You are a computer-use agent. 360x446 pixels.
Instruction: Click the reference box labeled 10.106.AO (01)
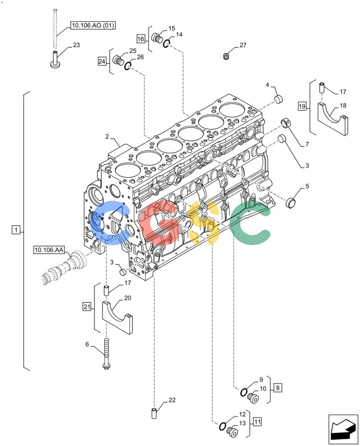point(93,25)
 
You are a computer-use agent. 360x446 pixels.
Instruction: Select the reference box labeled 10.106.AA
point(49,250)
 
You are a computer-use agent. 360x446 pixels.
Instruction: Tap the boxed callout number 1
point(16,230)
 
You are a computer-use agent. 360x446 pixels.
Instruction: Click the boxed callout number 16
point(141,39)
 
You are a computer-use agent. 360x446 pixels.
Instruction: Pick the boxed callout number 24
point(102,61)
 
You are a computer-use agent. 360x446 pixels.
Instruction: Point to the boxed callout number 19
point(302,107)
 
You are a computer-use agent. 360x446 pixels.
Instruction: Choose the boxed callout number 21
point(87,307)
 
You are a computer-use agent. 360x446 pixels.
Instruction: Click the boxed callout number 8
point(278,388)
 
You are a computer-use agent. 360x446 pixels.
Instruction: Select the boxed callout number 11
point(257,421)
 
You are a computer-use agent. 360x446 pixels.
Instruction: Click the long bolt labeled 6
point(106,354)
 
